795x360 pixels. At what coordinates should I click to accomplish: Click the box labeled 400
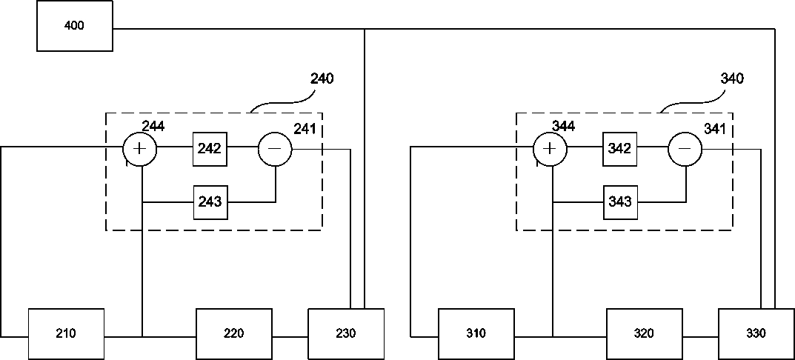coord(75,26)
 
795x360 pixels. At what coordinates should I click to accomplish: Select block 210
coord(67,333)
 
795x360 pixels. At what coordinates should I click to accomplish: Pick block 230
coord(346,333)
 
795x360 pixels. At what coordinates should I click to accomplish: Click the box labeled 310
coord(476,333)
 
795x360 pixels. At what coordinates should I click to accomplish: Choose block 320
coord(644,333)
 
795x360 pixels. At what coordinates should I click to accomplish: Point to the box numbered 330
coord(756,333)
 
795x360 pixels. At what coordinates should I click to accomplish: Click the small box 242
coord(210,149)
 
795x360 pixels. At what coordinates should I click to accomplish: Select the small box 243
coord(210,201)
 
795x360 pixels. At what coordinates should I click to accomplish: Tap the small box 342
coord(620,149)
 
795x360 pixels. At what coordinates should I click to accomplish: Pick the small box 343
coord(620,201)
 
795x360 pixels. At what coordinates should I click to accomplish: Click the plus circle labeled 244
coord(140,149)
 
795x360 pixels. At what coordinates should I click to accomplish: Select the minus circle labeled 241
coord(275,149)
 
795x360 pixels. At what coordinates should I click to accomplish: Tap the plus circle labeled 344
coord(550,149)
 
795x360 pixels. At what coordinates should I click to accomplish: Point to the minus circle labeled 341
coord(685,149)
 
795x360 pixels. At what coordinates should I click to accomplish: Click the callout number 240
coord(322,79)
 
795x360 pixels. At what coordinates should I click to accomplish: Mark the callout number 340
coord(732,79)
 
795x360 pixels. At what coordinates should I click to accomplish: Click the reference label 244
coord(153,126)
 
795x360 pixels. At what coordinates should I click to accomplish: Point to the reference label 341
coord(715,129)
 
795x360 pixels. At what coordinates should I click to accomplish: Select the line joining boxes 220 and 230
coord(290,337)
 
